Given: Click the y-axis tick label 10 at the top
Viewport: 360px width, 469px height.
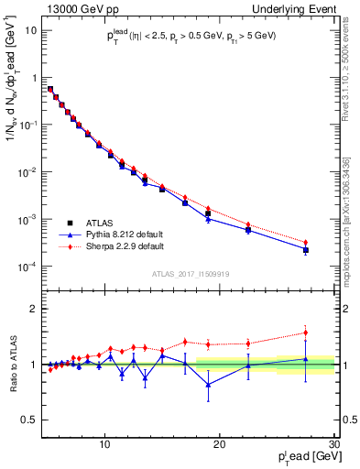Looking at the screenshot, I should point(31,30).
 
